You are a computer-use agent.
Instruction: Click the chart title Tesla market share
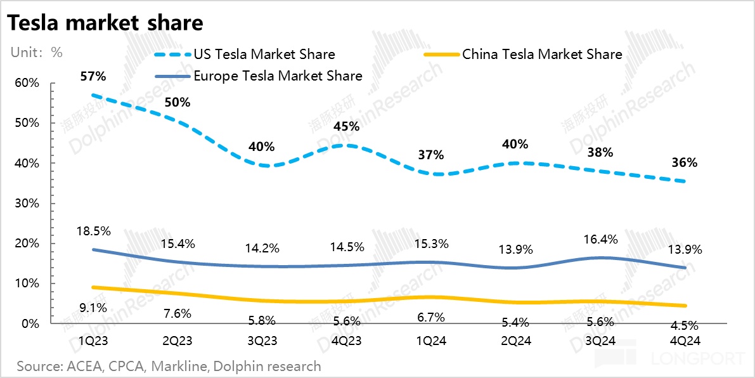coord(105,23)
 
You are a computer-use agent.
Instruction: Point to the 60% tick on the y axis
coord(26,83)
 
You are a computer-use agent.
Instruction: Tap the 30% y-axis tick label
coord(26,204)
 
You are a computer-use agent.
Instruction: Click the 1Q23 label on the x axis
coord(93,341)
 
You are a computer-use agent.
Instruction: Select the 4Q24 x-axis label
coord(684,341)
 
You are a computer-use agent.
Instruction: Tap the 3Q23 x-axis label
coord(262,341)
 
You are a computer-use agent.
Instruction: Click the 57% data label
coord(93,77)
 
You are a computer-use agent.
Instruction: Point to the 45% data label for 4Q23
coord(346,126)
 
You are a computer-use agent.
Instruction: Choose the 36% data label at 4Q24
coord(684,162)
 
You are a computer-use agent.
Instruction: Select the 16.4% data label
coord(599,238)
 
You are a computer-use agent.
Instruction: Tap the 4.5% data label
coord(684,325)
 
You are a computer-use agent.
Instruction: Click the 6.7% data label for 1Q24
coord(430,316)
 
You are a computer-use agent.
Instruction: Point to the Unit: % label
coord(36,53)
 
